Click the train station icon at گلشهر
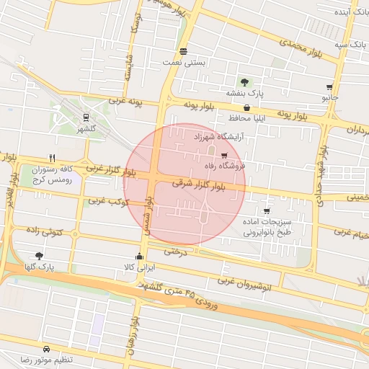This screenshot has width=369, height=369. [86, 117]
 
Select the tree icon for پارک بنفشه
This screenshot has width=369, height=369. [245, 82]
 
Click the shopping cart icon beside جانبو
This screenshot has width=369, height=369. [329, 86]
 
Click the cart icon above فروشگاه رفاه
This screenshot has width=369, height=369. [224, 155]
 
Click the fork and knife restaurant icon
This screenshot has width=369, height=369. [52, 157]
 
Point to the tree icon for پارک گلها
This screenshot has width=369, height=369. [39, 255]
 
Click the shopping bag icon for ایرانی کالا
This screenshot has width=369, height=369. [139, 256]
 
